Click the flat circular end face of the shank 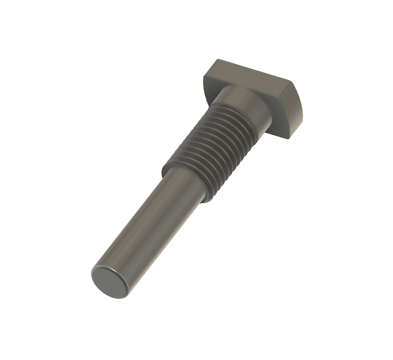point(110,282)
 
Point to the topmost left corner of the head point(218,59)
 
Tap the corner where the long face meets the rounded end point(290,82)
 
